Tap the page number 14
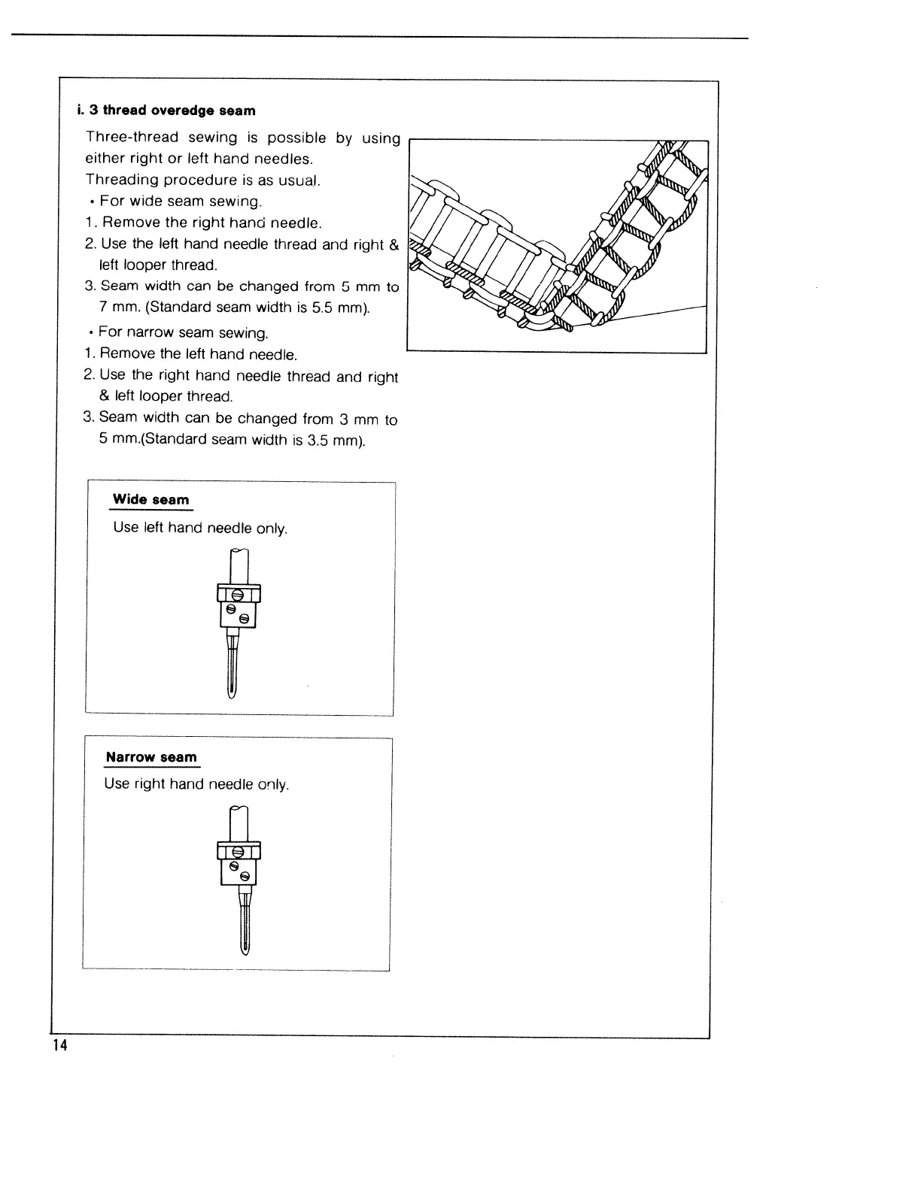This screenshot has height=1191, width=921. [x=59, y=1047]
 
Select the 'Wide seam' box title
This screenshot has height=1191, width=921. [x=150, y=500]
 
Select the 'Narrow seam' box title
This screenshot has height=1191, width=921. [x=150, y=757]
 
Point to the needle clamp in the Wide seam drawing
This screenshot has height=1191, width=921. [x=239, y=605]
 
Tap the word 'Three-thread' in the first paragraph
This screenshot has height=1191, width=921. [x=132, y=137]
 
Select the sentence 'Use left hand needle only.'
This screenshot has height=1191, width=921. [x=200, y=528]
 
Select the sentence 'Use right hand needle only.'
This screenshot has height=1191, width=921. [x=196, y=784]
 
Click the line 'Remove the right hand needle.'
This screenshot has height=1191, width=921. [x=211, y=223]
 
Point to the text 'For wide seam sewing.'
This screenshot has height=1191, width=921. [x=181, y=202]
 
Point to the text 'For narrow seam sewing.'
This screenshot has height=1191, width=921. [x=184, y=332]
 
